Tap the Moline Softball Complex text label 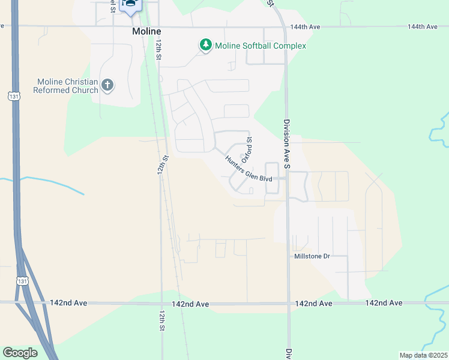pos(261,46)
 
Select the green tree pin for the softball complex pos(206,45)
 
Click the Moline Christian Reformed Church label pos(67,86)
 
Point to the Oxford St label pos(247,148)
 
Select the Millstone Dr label pos(312,256)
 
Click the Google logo pos(20,352)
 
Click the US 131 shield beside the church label pos(13,96)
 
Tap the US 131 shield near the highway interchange pos(22,281)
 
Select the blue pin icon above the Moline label pos(130,5)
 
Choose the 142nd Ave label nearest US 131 pos(69,303)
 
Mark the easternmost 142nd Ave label pos(384,303)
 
